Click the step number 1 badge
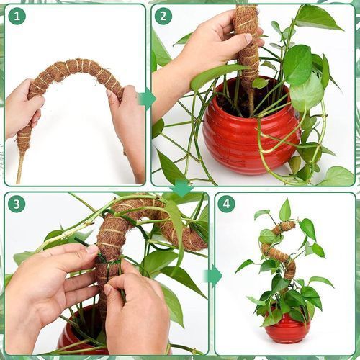click(x=17, y=16)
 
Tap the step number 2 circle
click(x=163, y=16)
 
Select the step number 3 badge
click(x=17, y=204)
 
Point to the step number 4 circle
click(x=226, y=204)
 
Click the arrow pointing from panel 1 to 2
click(x=147, y=99)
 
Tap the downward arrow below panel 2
click(x=181, y=188)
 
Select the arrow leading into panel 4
click(x=212, y=276)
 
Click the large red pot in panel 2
click(x=251, y=130)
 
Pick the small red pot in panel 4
click(x=287, y=326)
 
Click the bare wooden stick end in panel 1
click(x=19, y=168)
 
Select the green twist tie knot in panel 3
click(x=107, y=263)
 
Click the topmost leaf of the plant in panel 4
click(x=285, y=210)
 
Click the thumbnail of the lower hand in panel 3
click(x=109, y=291)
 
